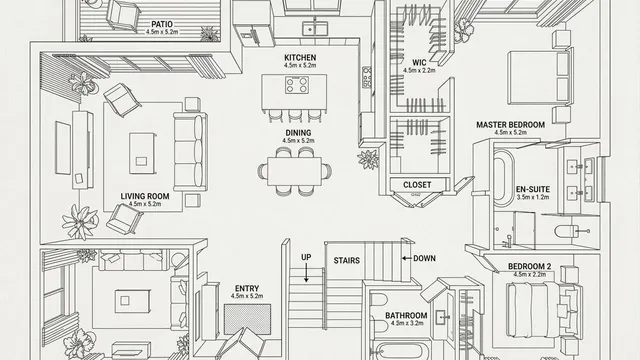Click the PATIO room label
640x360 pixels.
tap(160, 23)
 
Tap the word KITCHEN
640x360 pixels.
tap(300, 58)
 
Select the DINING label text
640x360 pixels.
tap(297, 132)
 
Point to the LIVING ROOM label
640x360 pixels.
tap(145, 196)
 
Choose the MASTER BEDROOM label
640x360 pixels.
tap(510, 124)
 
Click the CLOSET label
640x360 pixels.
tap(417, 185)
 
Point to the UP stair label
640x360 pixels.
tap(306, 257)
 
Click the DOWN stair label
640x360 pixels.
tap(424, 258)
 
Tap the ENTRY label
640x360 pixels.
tap(246, 288)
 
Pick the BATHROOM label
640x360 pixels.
tap(406, 317)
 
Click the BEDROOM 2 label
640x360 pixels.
tap(526, 266)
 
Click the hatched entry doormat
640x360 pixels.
tap(242, 320)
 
